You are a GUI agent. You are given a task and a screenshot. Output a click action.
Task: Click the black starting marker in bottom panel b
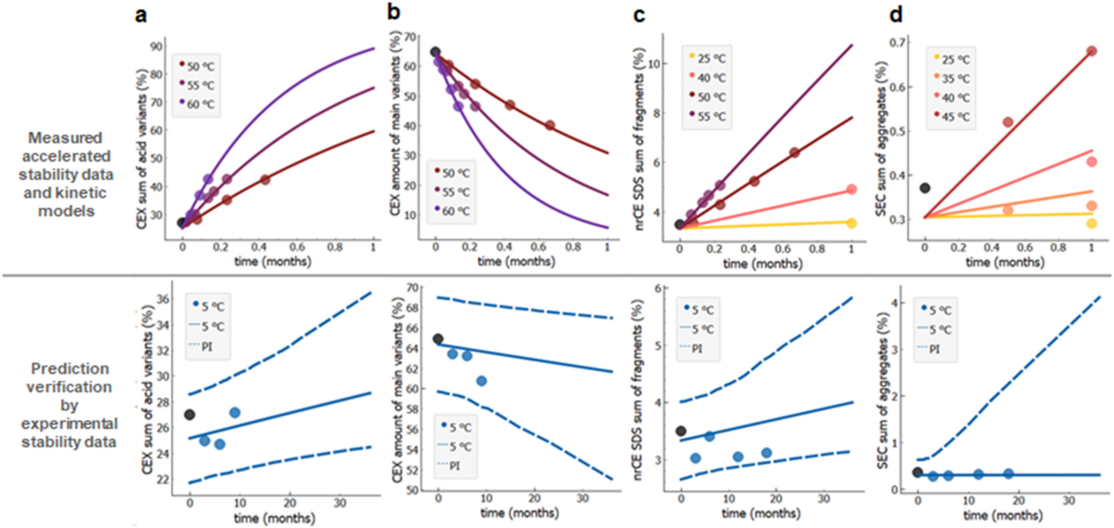coord(438,339)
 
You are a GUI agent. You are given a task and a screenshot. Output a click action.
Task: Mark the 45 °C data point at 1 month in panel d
coord(1092,51)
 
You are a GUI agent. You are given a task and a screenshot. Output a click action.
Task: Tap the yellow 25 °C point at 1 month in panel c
coord(850,223)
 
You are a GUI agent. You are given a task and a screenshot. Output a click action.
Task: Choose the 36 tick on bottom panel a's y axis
coord(162,299)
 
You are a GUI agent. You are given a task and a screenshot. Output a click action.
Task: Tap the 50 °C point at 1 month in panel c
coord(850,189)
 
